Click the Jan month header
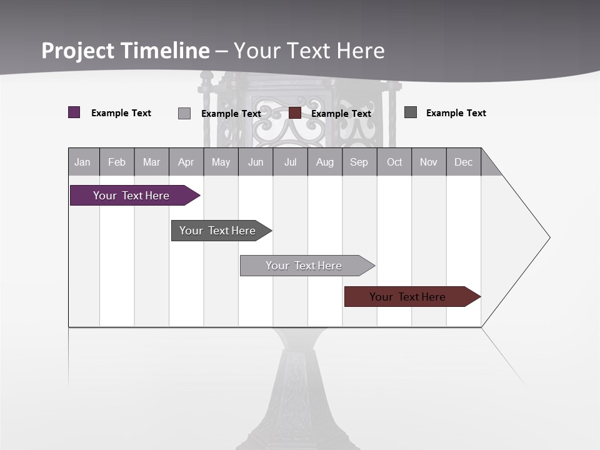82,162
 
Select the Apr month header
186,162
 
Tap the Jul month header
290,162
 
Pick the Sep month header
359,162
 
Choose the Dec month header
463,162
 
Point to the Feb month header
117,162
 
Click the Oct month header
394,162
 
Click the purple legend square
74,112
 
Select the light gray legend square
184,113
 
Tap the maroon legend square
295,113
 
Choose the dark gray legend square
411,112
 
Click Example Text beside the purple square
121,113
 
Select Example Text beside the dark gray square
456,113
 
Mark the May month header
221,162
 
